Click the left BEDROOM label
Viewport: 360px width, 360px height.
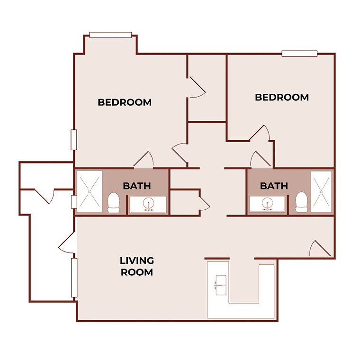point(125,102)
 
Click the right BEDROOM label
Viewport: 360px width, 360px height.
point(282,97)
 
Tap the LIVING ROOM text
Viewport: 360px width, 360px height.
point(136,266)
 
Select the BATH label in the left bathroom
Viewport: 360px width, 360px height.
point(137,186)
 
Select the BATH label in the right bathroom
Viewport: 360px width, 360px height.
point(274,186)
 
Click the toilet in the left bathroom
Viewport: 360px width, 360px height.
point(113,202)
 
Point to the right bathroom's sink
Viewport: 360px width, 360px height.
point(267,205)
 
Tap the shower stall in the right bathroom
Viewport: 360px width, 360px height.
point(322,191)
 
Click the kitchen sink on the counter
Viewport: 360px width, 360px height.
point(221,285)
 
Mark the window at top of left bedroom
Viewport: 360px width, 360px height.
point(110,35)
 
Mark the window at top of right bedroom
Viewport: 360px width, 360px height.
point(299,53)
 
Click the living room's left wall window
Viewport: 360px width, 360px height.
point(74,278)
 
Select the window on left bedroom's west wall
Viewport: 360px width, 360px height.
point(74,140)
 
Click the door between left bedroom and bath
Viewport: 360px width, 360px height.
point(144,161)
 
